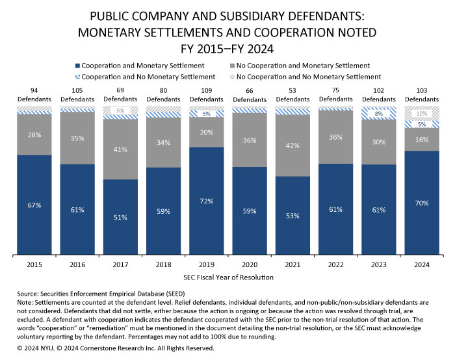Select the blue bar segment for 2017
[120, 217]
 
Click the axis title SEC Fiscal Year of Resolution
[227, 277]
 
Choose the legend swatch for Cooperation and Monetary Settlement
[77, 66]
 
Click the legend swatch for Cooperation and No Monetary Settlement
[77, 77]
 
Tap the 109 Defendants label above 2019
[206, 96]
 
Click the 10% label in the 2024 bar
[421, 113]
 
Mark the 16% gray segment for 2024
[421, 140]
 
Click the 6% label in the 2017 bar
[120, 111]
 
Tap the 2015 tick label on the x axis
[34, 266]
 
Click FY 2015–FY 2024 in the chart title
[227, 46]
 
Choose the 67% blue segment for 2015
[34, 205]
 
